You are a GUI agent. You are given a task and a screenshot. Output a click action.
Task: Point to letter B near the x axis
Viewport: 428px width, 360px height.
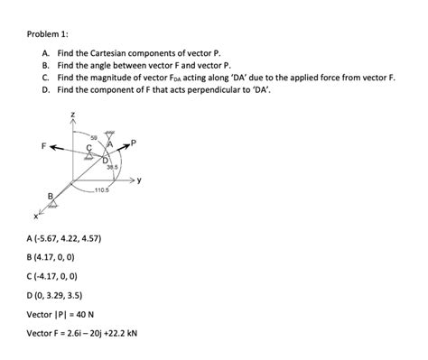pos(50,195)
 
